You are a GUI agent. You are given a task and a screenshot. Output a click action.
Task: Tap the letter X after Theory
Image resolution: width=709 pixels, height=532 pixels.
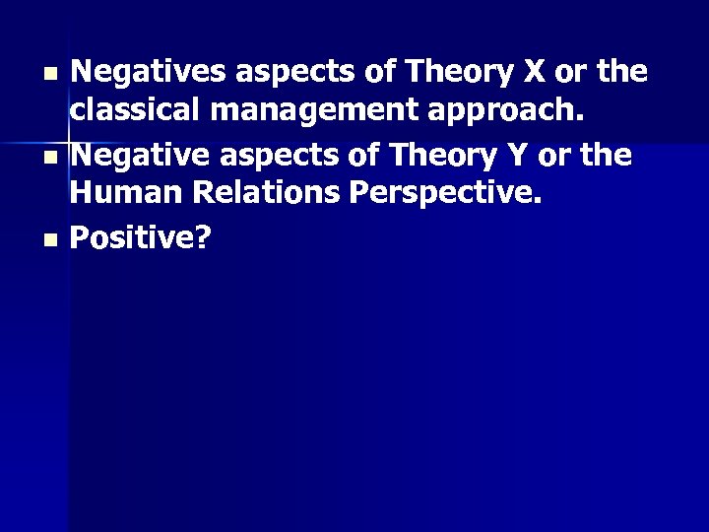(533, 72)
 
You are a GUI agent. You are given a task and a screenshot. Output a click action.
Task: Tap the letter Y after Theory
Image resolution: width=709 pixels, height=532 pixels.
(522, 156)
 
